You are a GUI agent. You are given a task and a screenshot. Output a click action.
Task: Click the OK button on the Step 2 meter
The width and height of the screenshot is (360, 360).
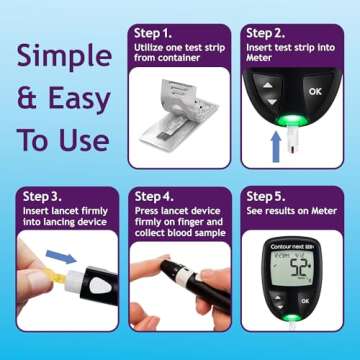pyautogui.click(x=315, y=92)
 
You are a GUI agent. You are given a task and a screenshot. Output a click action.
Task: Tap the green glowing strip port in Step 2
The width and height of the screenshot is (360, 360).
pyautogui.click(x=290, y=122)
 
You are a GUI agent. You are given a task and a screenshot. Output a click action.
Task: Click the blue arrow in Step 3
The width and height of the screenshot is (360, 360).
pyautogui.click(x=61, y=259)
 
